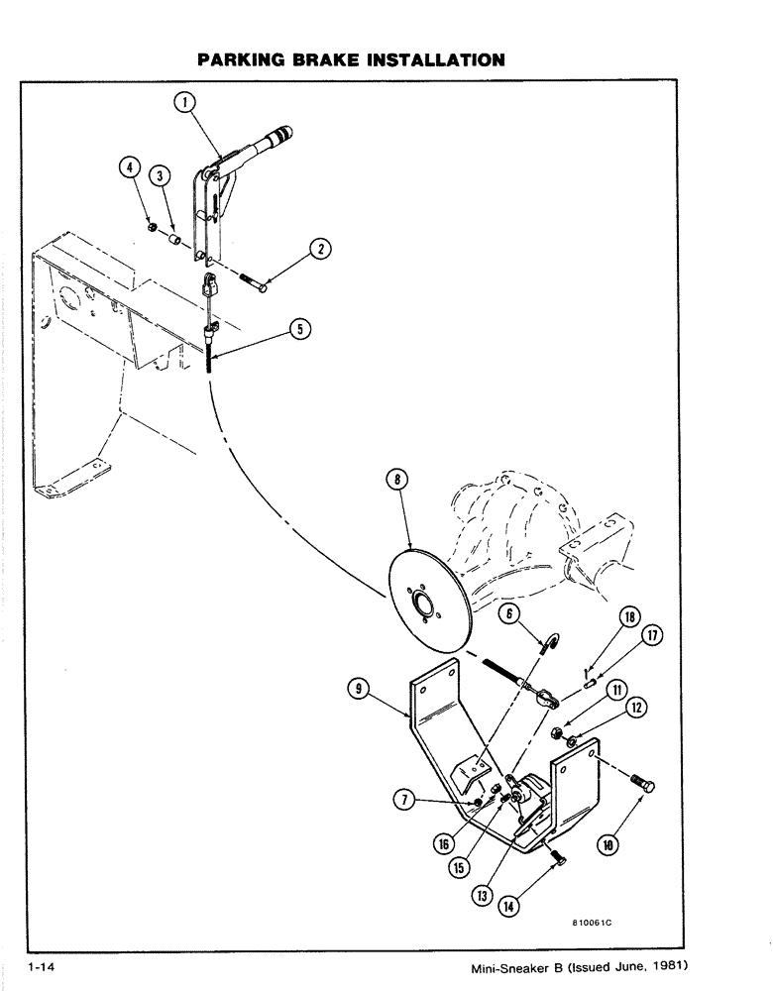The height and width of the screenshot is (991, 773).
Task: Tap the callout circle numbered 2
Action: click(x=320, y=250)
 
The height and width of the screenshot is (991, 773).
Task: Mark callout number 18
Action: click(x=629, y=617)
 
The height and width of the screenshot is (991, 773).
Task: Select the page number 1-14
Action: click(x=46, y=966)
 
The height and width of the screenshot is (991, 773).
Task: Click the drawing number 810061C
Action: click(x=593, y=922)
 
